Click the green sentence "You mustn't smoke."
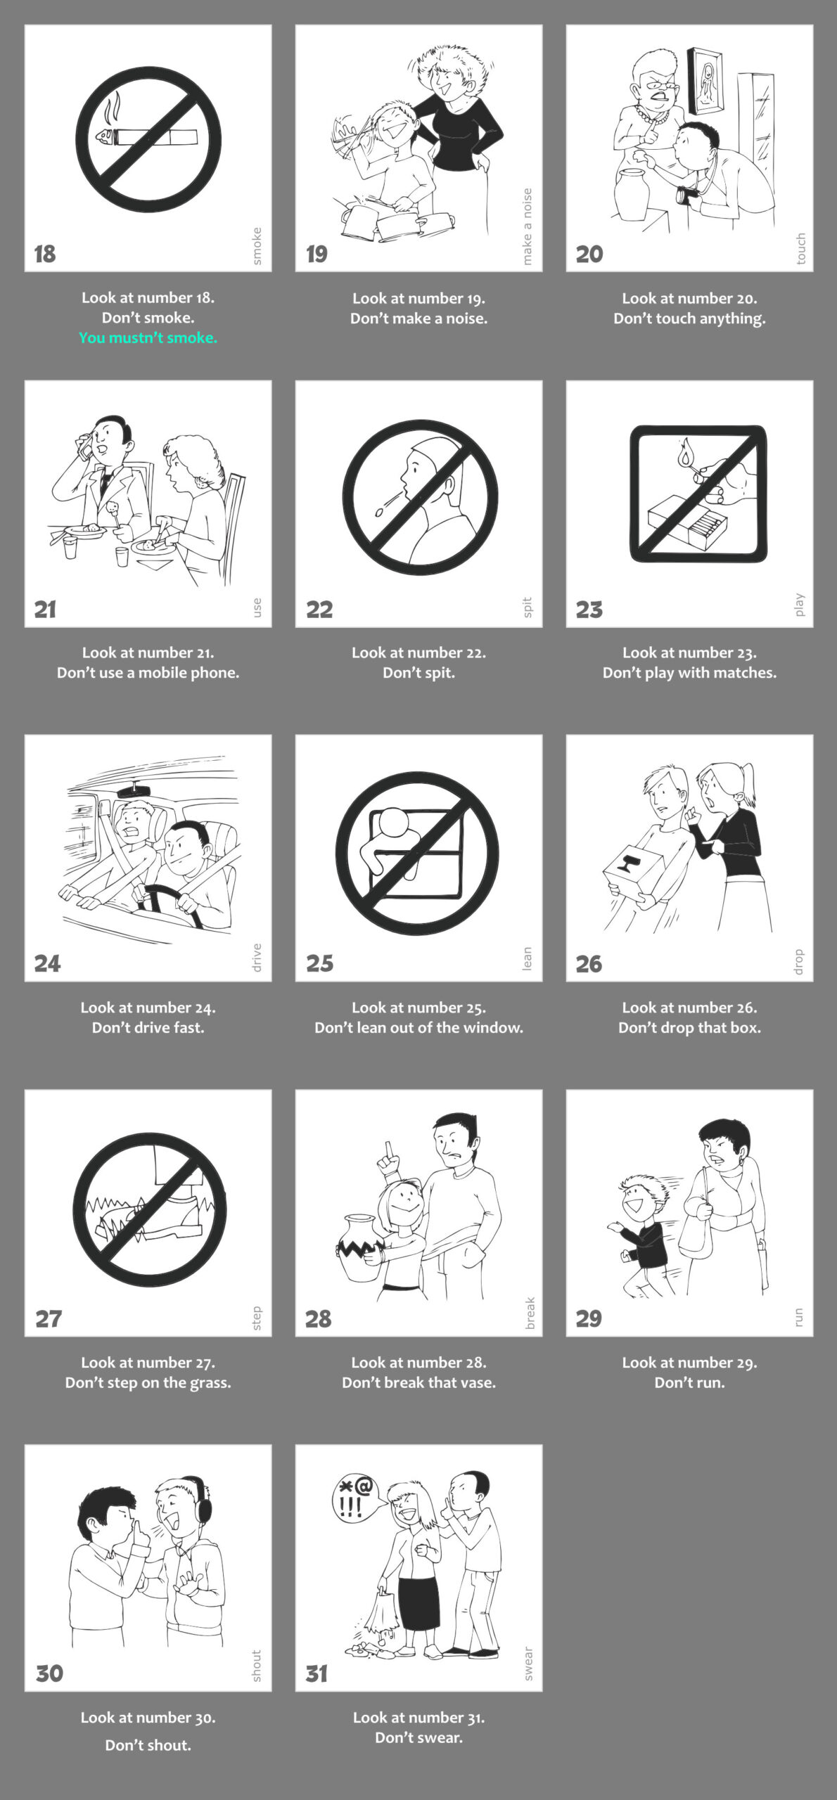point(148,337)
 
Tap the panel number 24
point(47,963)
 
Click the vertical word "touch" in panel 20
point(800,249)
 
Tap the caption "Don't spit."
point(419,673)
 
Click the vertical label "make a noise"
point(528,226)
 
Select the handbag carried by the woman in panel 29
point(696,1230)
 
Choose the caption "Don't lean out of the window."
point(419,1027)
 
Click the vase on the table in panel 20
point(632,193)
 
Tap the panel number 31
point(317,1673)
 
